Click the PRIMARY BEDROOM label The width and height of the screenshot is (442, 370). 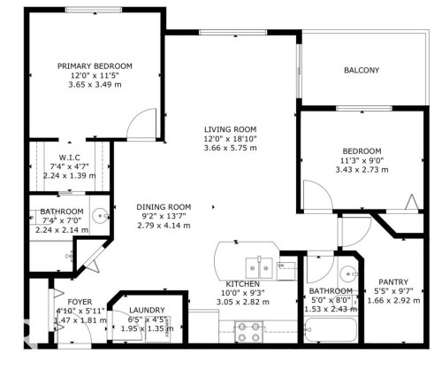95,66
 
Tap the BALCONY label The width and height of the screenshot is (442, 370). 362,71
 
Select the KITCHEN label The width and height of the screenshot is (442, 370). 241,283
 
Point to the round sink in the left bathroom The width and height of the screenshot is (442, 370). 100,215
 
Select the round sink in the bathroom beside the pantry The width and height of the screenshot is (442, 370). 347,271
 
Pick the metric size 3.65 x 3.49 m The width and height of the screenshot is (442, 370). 95,86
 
